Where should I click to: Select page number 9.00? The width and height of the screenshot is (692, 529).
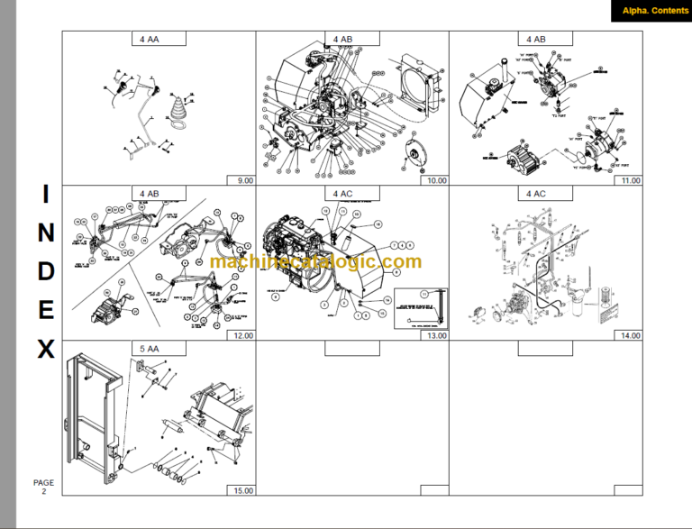tap(242, 180)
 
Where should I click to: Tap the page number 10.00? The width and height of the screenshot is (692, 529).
tap(436, 180)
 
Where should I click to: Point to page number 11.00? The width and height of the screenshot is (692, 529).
tap(629, 180)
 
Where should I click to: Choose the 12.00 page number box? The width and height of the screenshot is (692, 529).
tap(242, 335)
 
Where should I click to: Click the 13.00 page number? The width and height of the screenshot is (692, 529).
tap(436, 335)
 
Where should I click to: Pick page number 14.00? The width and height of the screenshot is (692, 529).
tap(629, 335)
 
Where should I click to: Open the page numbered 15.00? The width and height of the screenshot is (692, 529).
tap(242, 491)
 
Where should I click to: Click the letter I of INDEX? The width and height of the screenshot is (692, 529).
tap(46, 194)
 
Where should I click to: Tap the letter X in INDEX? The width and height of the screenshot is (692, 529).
tap(46, 350)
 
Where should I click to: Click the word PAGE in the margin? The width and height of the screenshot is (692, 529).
tap(44, 483)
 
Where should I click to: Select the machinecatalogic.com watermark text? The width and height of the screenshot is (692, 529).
tap(315, 261)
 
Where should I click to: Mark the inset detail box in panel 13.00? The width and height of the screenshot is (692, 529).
tap(420, 306)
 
